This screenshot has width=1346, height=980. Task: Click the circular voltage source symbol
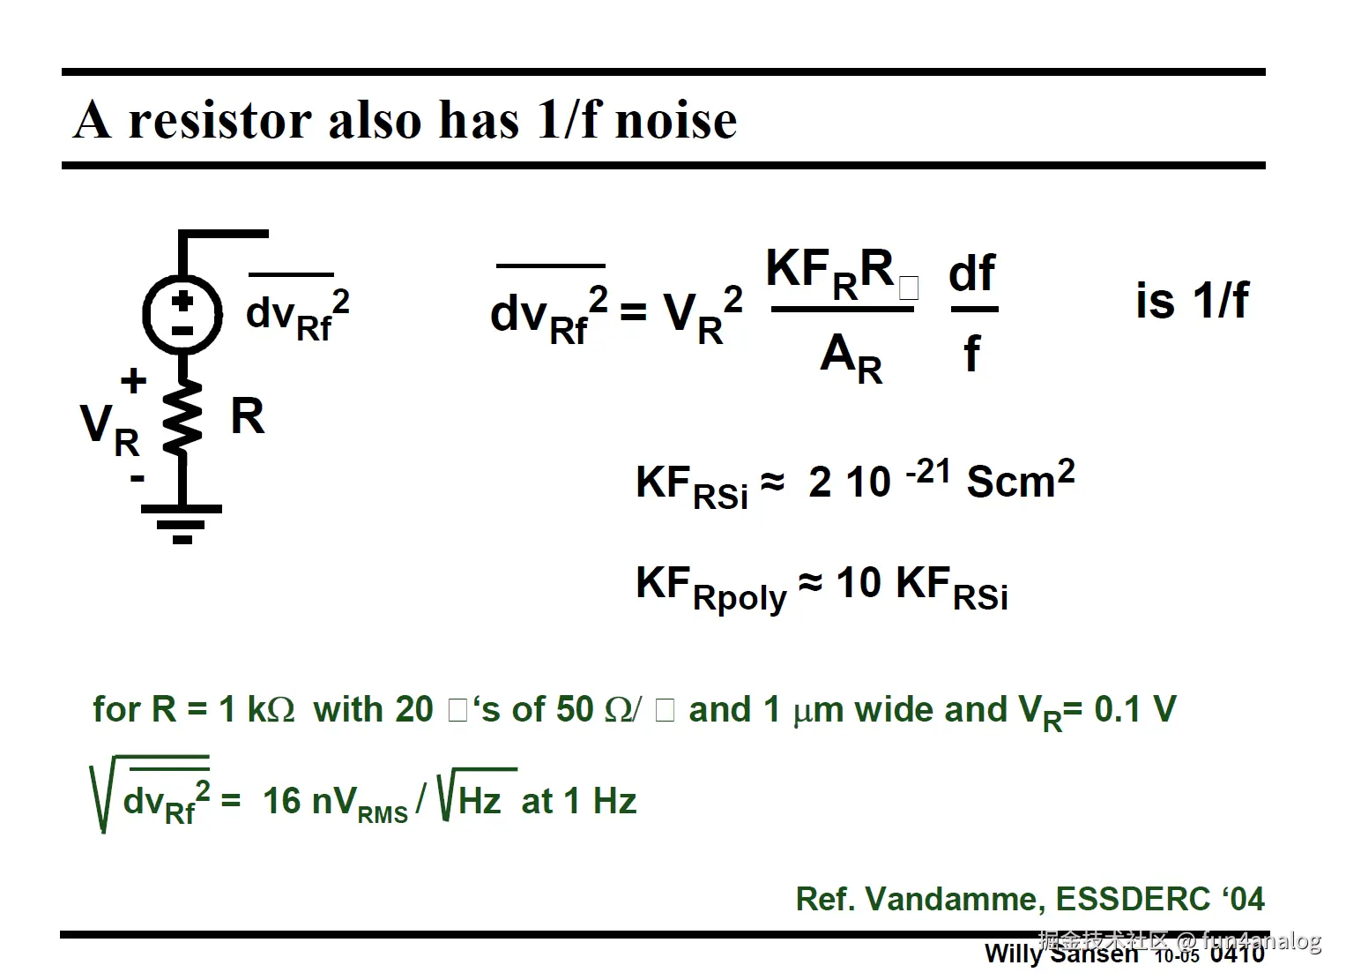pos(182,314)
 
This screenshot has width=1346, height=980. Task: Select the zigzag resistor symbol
pos(182,418)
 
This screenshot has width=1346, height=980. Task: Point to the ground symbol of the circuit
pos(182,522)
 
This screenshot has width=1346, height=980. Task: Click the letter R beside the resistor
pos(247,416)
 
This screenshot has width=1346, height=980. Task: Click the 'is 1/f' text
pos(1192,301)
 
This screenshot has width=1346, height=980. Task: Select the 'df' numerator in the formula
pos(972,273)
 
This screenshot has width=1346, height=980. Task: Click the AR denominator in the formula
pos(851,357)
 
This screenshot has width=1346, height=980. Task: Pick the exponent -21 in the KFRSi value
pos(927,472)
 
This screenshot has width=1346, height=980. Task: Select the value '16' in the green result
pos(282,801)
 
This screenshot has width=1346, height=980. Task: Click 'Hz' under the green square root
pos(480,801)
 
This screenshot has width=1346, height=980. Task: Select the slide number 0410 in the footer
pos(1238,954)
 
